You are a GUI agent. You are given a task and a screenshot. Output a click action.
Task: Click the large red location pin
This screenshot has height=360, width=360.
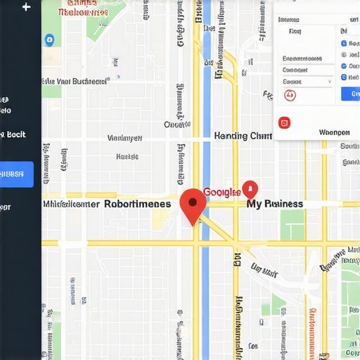click(x=193, y=203)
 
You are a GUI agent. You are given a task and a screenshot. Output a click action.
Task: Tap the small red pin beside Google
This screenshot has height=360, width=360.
click(x=250, y=189)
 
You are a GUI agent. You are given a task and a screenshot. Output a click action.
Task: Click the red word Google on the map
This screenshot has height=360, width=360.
click(x=221, y=192)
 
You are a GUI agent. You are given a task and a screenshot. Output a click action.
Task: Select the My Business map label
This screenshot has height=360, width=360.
click(x=274, y=204)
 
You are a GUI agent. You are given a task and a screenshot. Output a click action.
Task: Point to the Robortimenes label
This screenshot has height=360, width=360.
click(x=137, y=204)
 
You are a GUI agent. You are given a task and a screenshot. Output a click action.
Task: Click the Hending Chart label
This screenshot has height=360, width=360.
click(x=243, y=136)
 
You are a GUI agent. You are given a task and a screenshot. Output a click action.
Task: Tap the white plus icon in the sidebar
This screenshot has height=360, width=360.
click(x=27, y=8)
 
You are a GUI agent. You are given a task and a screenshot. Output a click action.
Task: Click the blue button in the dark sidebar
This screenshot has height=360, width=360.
click(x=16, y=174)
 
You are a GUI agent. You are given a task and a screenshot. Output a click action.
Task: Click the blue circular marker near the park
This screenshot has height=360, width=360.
click(x=49, y=40)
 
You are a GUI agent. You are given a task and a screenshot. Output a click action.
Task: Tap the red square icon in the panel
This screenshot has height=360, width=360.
click(x=284, y=123)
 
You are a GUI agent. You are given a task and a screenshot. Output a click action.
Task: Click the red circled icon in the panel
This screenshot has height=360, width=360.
click(x=290, y=95)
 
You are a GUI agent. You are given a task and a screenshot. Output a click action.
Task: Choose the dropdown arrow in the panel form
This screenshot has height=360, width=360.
click(x=328, y=82)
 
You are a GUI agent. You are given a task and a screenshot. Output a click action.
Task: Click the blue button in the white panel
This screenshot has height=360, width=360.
click(x=349, y=94)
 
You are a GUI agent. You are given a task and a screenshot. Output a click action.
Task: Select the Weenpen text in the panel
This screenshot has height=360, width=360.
click(x=334, y=131)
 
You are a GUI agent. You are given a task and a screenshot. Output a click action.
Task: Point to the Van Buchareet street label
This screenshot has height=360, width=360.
click(x=74, y=82)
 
